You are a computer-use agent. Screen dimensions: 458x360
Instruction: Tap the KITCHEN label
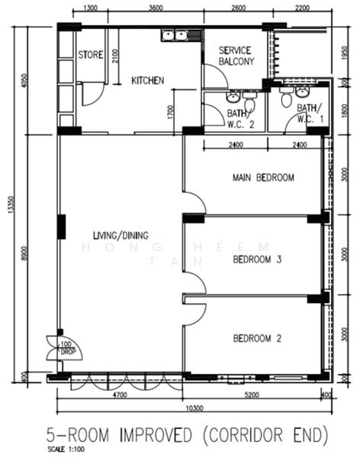[147, 80]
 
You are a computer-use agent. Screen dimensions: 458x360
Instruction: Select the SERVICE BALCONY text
[235, 55]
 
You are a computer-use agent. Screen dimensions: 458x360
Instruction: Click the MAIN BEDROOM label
[263, 178]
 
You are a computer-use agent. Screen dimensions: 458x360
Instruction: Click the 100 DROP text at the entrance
[66, 348]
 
